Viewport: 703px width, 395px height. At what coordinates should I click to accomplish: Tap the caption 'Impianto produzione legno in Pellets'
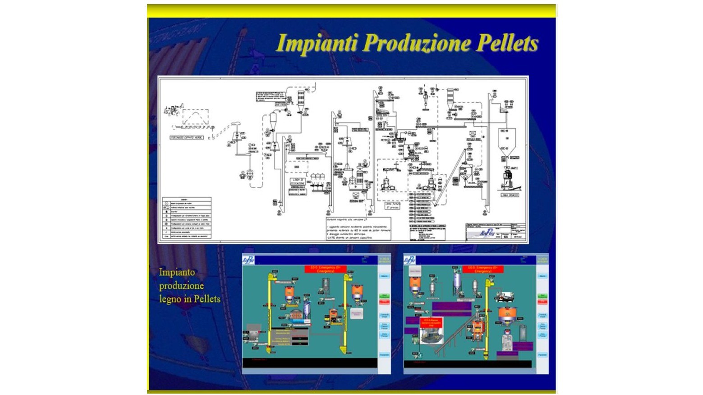tap(189, 286)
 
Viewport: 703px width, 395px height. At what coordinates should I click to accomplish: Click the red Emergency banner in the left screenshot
tap(325, 269)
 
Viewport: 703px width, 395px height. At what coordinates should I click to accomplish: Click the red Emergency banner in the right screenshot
tap(482, 269)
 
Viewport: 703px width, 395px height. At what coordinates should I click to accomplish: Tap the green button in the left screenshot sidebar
tap(384, 296)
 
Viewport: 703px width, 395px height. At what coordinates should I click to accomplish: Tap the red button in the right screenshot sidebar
tap(542, 302)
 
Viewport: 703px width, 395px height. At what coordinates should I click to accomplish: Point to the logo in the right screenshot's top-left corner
tap(409, 260)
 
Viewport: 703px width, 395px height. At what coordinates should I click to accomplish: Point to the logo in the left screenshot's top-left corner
tap(248, 260)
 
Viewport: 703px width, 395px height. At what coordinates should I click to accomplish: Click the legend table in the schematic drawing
tap(187, 217)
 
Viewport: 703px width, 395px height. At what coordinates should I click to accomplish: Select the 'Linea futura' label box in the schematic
tap(392, 205)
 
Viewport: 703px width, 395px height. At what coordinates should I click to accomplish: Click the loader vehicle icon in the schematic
tap(173, 109)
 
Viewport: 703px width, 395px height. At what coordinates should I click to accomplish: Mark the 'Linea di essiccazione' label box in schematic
tap(297, 182)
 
